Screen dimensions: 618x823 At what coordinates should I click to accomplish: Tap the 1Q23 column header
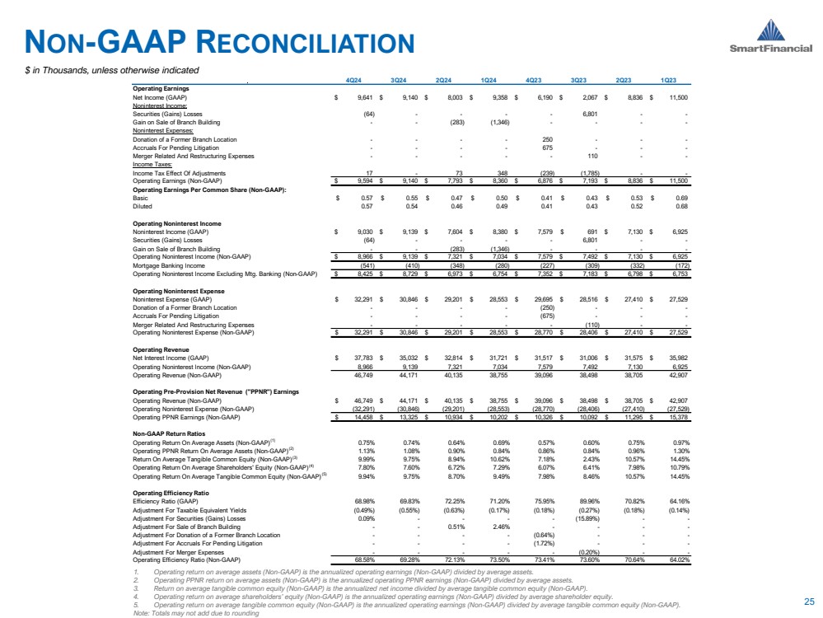(x=670, y=80)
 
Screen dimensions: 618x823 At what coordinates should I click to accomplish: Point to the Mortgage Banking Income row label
(x=166, y=265)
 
